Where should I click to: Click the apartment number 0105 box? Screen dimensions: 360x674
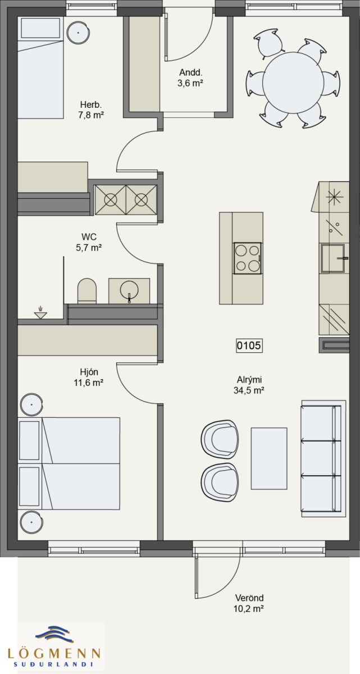pyautogui.click(x=249, y=345)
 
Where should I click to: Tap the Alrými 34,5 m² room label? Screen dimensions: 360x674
pyautogui.click(x=249, y=385)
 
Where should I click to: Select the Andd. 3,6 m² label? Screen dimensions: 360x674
pyautogui.click(x=190, y=78)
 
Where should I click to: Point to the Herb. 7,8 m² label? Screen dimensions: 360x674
pyautogui.click(x=91, y=110)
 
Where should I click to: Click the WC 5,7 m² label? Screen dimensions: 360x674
pyautogui.click(x=89, y=242)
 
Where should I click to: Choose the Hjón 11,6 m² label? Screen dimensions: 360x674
pyautogui.click(x=89, y=377)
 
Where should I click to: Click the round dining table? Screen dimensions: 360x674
pyautogui.click(x=294, y=83)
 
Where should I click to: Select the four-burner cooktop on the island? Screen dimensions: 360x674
pyautogui.click(x=248, y=258)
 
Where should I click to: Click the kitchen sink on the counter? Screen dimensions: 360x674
pyautogui.click(x=332, y=258)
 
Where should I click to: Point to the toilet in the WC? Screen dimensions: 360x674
pyautogui.click(x=87, y=291)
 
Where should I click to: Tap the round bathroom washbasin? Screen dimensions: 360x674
pyautogui.click(x=129, y=290)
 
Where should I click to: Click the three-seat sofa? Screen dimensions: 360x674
pyautogui.click(x=323, y=458)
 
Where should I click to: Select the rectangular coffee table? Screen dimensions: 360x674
pyautogui.click(x=269, y=458)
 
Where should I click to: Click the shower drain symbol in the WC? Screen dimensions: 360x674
pyautogui.click(x=40, y=313)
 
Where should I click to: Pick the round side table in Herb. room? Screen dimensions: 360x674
pyautogui.click(x=78, y=33)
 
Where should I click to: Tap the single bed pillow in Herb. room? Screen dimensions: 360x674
pyautogui.click(x=40, y=29)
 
